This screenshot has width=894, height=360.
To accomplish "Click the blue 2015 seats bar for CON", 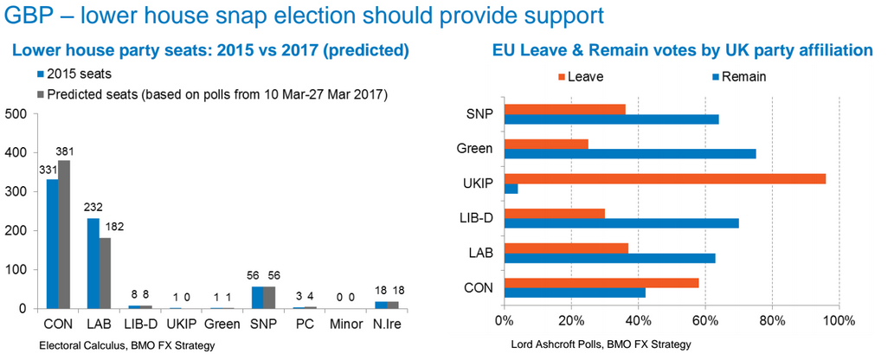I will (52, 244).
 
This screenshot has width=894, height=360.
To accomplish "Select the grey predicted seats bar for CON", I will (65, 235).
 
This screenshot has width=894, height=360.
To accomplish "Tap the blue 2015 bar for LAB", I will (93, 263).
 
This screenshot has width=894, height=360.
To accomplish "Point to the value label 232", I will (93, 209).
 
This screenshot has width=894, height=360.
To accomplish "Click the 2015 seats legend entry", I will (77, 74).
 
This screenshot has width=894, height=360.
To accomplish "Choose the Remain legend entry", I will (743, 76).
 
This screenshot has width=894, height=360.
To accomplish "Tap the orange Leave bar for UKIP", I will (665, 178).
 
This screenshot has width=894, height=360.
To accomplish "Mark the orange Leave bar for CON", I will (601, 282).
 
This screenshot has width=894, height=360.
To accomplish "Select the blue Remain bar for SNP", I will (612, 119).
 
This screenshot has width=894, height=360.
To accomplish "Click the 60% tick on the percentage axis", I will (704, 321).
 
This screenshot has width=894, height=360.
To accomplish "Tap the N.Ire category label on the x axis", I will (387, 326).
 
